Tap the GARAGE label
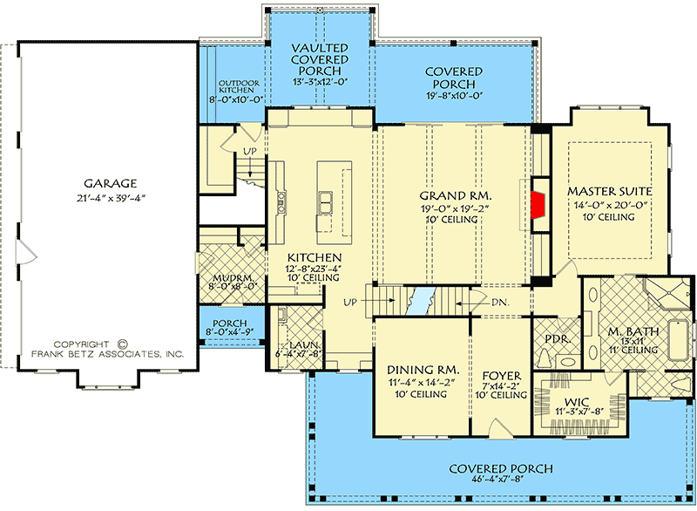[x=110, y=184]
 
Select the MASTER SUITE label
[x=610, y=190]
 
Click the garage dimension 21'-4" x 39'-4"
[x=110, y=198]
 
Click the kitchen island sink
[x=328, y=202]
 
